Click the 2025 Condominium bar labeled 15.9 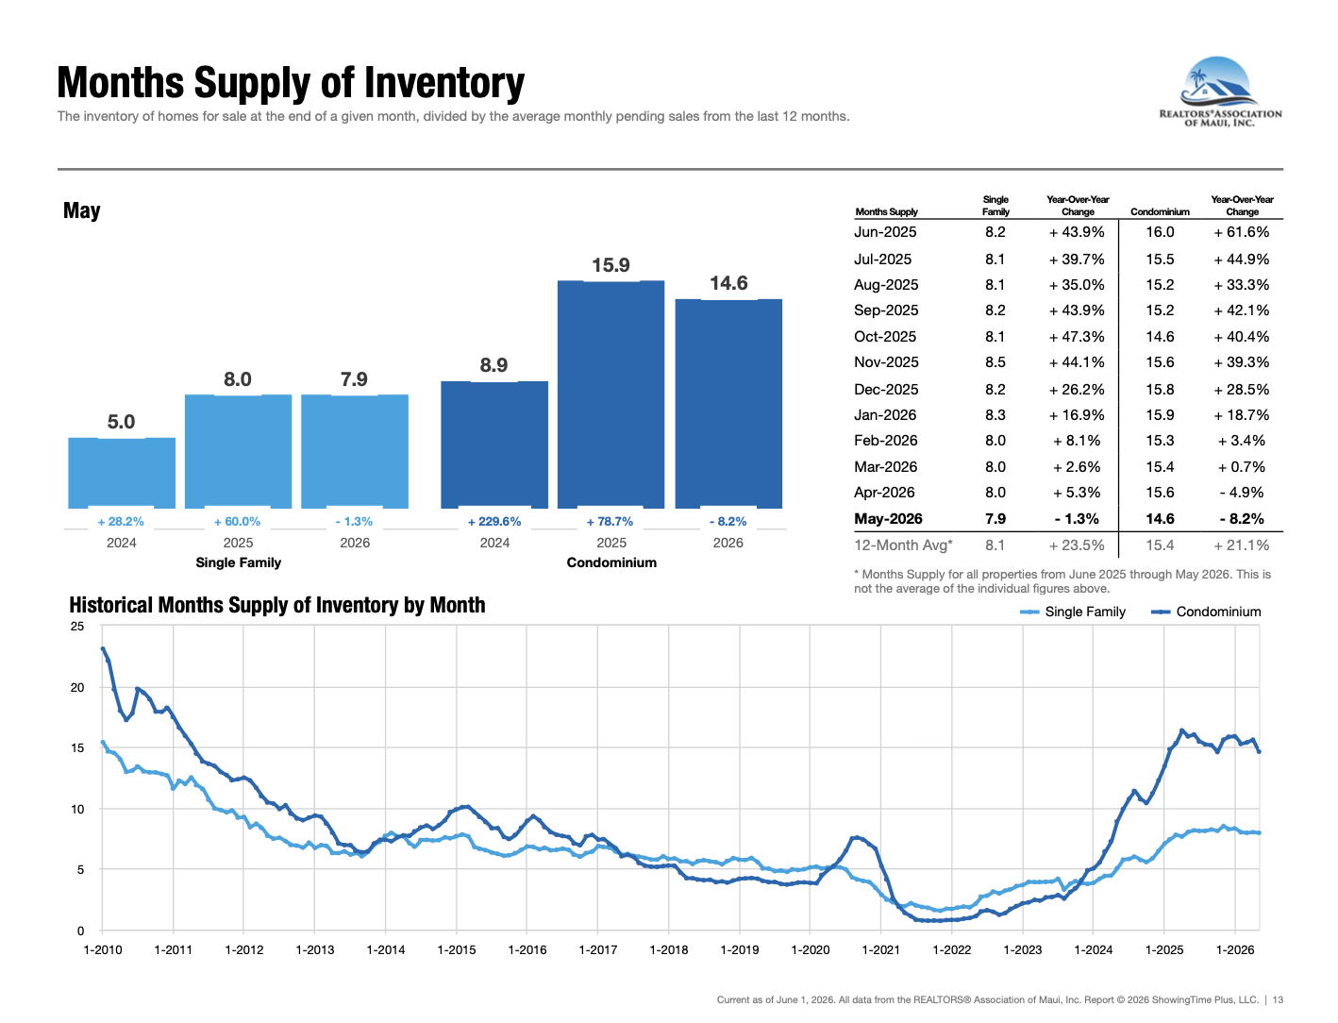pyautogui.click(x=610, y=394)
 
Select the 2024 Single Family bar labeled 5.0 pyautogui.click(x=122, y=473)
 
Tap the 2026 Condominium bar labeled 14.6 pyautogui.click(x=728, y=403)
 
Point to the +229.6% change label pyautogui.click(x=493, y=521)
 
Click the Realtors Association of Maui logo pyautogui.click(x=1220, y=92)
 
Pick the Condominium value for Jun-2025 pyautogui.click(x=1160, y=231)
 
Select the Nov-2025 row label pyautogui.click(x=886, y=362)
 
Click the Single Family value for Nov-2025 pyautogui.click(x=995, y=362)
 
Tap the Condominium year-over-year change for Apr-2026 pyautogui.click(x=1242, y=492)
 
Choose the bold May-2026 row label pyautogui.click(x=888, y=519)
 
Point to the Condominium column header pyautogui.click(x=1160, y=211)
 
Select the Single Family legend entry pyautogui.click(x=1073, y=612)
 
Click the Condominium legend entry pyautogui.click(x=1206, y=612)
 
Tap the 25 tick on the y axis pyautogui.click(x=77, y=626)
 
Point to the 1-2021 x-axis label pyautogui.click(x=880, y=949)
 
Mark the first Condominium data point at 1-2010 pyautogui.click(x=103, y=648)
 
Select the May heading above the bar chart pyautogui.click(x=82, y=211)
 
